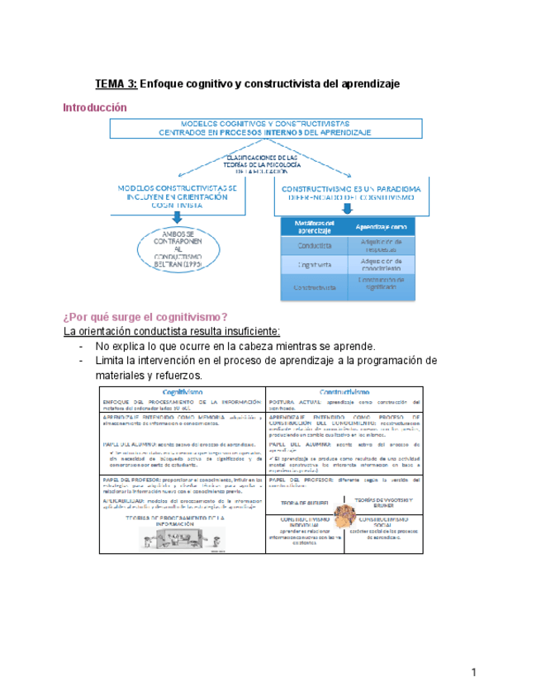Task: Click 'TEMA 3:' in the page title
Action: [x=116, y=83]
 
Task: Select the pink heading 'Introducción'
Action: [x=96, y=108]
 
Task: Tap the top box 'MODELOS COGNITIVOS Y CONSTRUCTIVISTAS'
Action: [x=266, y=126]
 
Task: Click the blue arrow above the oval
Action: [x=177, y=219]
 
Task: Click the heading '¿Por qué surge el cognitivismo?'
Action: [x=145, y=317]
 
